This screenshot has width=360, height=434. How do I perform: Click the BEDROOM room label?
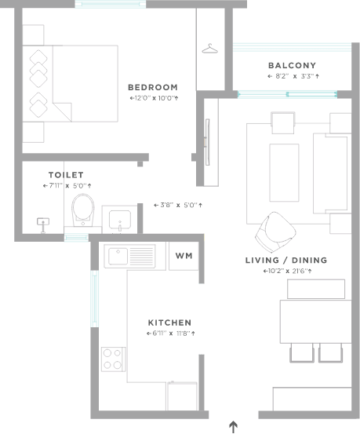[153, 87]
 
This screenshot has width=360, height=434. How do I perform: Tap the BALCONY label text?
[293, 66]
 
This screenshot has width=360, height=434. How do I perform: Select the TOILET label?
[66, 175]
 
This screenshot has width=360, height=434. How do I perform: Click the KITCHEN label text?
[169, 323]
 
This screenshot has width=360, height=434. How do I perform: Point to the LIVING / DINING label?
[286, 261]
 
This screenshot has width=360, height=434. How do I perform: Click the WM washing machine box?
[184, 256]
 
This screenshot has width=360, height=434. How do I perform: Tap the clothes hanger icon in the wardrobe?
[209, 49]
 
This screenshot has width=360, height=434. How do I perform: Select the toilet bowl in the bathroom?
[83, 210]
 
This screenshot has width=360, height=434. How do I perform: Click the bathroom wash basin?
[120, 220]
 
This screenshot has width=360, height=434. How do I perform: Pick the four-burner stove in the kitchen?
[113, 359]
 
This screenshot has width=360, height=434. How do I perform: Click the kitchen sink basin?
[118, 257]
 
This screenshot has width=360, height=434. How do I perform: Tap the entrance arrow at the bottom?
[234, 427]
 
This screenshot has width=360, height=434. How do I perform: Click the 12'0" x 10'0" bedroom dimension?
[154, 98]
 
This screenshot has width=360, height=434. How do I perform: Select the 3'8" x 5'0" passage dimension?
[178, 205]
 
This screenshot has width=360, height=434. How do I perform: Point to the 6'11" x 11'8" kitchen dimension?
[171, 334]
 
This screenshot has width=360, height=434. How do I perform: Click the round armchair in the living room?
[275, 232]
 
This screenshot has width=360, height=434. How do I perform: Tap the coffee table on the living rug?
[284, 173]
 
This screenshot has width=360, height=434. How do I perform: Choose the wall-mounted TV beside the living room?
[207, 142]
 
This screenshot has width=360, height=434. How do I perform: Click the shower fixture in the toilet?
[43, 225]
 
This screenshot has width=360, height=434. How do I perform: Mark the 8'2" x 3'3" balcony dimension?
[293, 76]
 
